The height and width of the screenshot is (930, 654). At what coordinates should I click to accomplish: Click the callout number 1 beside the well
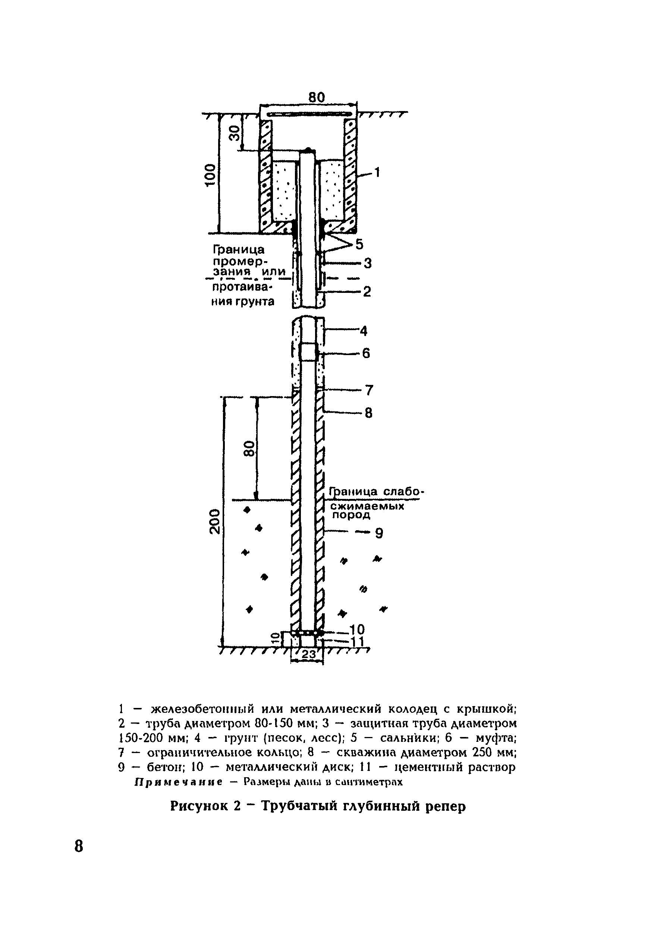(x=377, y=173)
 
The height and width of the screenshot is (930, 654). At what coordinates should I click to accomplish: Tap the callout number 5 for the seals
(x=359, y=244)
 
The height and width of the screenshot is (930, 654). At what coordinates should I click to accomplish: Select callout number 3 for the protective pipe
(x=367, y=264)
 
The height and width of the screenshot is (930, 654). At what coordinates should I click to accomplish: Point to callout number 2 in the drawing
(x=367, y=292)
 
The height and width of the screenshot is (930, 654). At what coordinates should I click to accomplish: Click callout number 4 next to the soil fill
(x=363, y=331)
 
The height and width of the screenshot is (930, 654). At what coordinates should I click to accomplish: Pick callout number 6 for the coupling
(x=366, y=354)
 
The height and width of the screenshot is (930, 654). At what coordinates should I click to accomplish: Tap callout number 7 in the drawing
(x=368, y=390)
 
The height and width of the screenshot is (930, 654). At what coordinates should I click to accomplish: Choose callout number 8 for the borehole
(x=368, y=413)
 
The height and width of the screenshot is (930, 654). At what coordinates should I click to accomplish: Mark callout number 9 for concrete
(x=379, y=534)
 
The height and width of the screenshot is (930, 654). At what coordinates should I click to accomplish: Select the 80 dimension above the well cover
(x=317, y=97)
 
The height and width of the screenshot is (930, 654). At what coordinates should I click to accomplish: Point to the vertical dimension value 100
(x=210, y=175)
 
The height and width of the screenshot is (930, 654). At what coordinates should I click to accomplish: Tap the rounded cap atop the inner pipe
(x=308, y=150)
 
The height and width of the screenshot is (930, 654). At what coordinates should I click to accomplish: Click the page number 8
(x=79, y=846)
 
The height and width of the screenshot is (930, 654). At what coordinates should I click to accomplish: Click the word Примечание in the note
(x=178, y=782)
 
